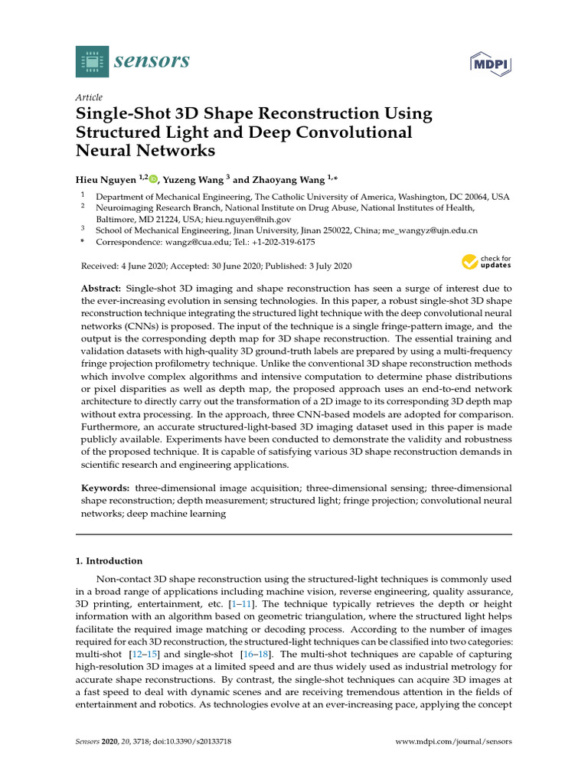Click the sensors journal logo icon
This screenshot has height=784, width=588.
[x=92, y=61]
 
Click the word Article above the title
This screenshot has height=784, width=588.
[x=88, y=98]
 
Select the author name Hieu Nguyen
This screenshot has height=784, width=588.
[x=106, y=180]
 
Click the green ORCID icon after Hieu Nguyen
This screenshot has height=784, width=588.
[x=153, y=180]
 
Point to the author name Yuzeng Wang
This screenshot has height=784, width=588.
[x=193, y=180]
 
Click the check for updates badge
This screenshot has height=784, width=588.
[x=486, y=263]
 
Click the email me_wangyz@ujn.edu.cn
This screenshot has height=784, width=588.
[x=431, y=230]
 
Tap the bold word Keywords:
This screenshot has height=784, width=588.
[x=106, y=488]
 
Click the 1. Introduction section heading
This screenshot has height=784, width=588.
[x=109, y=561]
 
